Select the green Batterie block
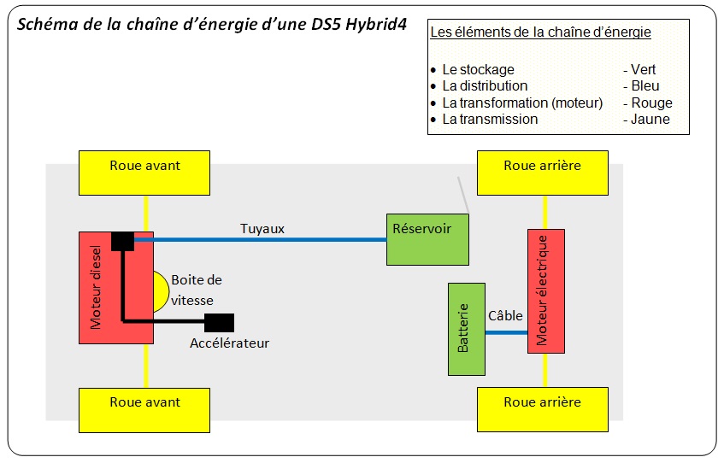point(466,329)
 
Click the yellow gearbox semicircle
point(162,291)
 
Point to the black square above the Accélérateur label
point(219,323)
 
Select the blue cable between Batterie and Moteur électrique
point(506,331)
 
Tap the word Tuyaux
point(262,228)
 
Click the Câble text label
point(505,316)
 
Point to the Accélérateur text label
point(229,343)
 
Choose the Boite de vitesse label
point(197,290)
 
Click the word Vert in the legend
point(644,70)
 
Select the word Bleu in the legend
point(645,86)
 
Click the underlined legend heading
point(540,33)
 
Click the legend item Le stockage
point(478,70)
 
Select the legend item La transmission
point(490,120)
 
